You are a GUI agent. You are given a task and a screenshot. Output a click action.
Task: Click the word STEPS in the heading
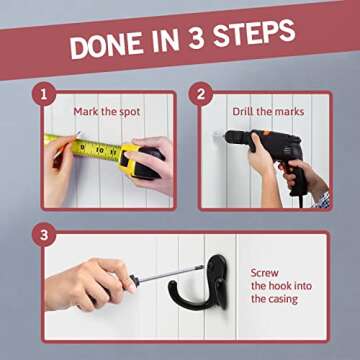(263, 37)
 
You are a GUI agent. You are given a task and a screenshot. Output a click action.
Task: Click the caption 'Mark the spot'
(107, 112)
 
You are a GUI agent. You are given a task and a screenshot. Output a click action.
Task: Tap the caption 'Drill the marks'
(267, 112)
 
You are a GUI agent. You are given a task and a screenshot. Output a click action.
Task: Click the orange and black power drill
(272, 160)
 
